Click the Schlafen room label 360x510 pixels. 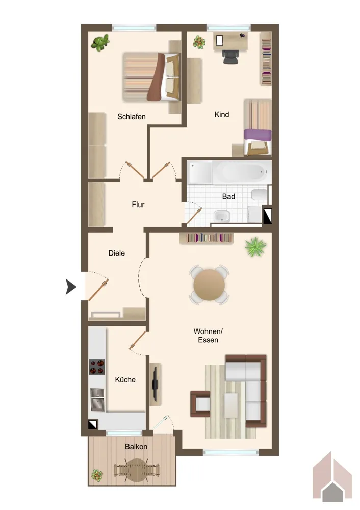point(132,116)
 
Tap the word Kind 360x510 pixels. point(222,114)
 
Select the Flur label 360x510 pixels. point(138,205)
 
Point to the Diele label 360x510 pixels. point(116,253)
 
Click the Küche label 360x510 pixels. point(125,379)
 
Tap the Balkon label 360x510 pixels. point(136,447)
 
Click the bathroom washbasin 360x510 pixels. point(221,216)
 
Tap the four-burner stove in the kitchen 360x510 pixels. point(97,367)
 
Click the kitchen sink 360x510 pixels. point(97,399)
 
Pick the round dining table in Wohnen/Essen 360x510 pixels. point(209,285)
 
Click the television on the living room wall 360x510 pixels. point(156,384)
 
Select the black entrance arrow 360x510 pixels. point(71,287)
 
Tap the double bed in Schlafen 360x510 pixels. point(151,77)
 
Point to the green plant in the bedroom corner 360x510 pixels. point(100,43)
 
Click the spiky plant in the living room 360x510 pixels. point(255,246)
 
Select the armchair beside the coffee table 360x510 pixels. point(200,403)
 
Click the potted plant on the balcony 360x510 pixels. point(97,475)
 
